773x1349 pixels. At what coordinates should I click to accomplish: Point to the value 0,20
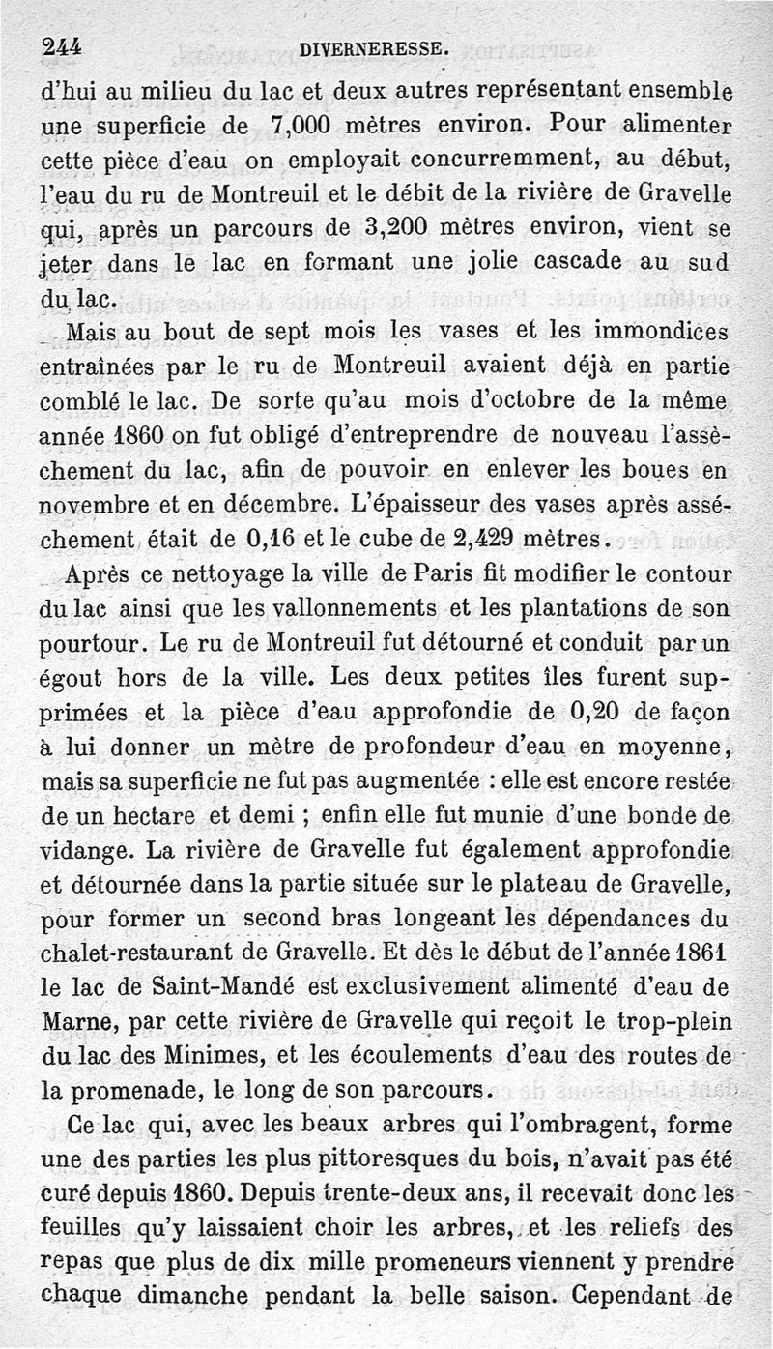[602, 712]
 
